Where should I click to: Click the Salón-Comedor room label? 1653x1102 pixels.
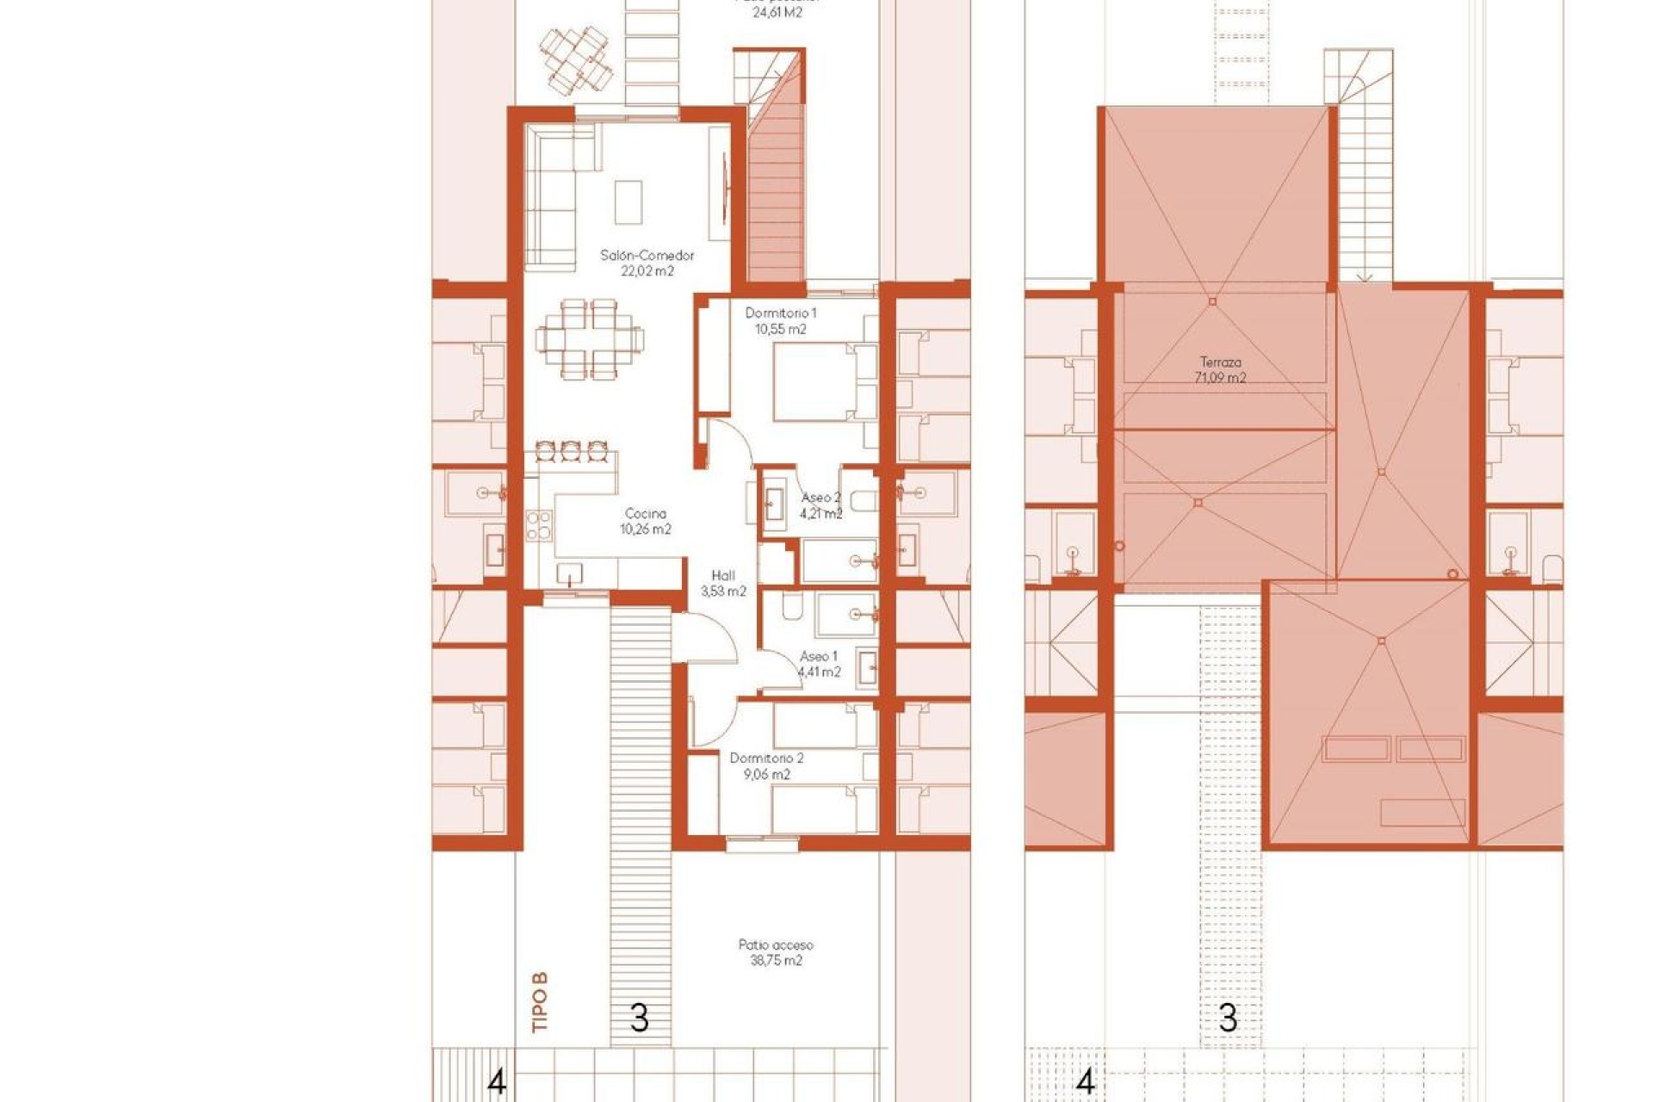coord(647,256)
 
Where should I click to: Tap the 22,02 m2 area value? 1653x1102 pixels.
coord(647,271)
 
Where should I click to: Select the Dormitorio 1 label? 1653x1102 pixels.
coord(781,313)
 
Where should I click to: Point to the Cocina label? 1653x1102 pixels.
coord(646,514)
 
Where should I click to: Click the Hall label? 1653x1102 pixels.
coord(723,576)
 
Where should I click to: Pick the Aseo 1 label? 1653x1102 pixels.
coord(818,657)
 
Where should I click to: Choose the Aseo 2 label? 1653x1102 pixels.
coord(820,498)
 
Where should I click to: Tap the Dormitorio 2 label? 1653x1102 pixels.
coord(766,758)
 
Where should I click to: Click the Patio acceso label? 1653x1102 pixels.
coord(776,945)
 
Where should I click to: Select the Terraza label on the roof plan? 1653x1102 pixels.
coord(1221,362)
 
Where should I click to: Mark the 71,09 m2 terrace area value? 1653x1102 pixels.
coord(1221,378)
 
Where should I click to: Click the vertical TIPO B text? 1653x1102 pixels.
coord(540,1002)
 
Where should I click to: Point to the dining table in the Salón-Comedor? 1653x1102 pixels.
coord(589,339)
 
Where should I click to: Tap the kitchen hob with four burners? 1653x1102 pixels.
coord(539,525)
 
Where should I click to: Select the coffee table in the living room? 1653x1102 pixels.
coord(628,201)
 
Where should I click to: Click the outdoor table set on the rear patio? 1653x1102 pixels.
coord(577,59)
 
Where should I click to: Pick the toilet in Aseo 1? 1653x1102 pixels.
coord(792,608)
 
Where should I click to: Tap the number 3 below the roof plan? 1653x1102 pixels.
coord(1229,1019)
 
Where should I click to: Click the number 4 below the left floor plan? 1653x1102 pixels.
coord(497,1081)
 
